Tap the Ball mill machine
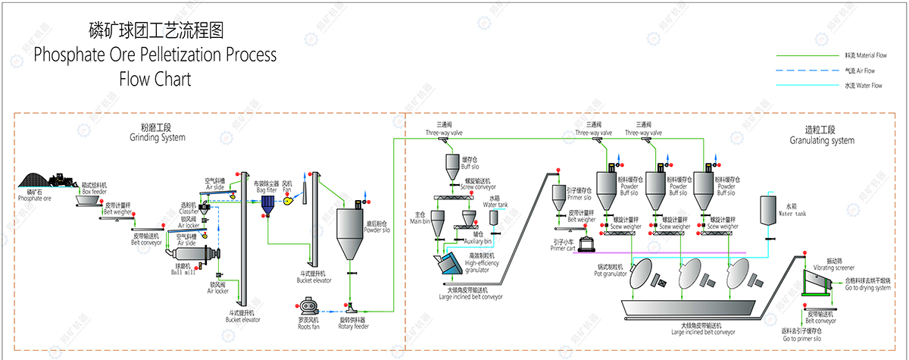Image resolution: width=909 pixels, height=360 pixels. (198, 256)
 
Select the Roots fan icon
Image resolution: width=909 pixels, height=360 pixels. (308, 307)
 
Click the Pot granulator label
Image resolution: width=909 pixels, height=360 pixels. (611, 271)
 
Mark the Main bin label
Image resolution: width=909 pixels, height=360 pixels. (416, 218)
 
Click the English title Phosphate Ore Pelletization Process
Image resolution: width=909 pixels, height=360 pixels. (155, 55)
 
